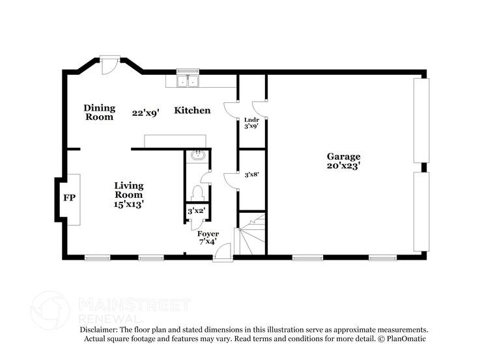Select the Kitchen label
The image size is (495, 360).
coord(192,111)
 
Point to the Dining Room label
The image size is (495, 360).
coord(99,113)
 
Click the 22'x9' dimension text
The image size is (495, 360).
coord(145,113)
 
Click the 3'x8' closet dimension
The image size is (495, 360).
coord(251,174)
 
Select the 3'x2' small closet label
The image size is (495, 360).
coord(196,211)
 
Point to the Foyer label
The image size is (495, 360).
coord(208,234)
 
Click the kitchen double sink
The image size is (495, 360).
coord(189,81)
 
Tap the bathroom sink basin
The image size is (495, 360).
coord(197,156)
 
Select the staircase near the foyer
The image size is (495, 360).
coord(252,236)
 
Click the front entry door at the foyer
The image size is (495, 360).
coord(223,253)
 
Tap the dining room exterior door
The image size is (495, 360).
coord(109,63)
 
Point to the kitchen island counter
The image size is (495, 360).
coord(175,141)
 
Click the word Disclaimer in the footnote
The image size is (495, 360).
coord(100,330)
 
